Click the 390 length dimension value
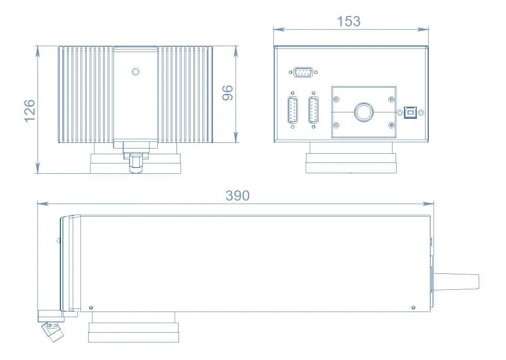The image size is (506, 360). tap(237, 196)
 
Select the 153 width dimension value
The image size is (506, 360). tap(349, 21)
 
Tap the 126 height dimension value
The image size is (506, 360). tap(29, 110)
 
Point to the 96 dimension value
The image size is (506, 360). tap(227, 93)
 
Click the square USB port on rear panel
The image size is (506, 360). tap(411, 112)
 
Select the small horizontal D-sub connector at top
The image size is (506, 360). tap(303, 72)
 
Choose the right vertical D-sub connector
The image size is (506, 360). tap(313, 110)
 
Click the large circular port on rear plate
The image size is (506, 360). tap(363, 112)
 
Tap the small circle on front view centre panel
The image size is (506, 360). tap(135, 72)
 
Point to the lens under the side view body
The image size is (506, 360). tap(134, 330)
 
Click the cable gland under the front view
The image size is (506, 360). tap(135, 162)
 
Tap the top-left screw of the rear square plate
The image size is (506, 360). tap(336, 98)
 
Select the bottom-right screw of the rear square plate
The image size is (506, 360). tap(390, 125)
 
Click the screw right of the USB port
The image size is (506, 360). tap(421, 112)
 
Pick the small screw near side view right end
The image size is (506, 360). tap(413, 308)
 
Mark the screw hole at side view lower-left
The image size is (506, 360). tap(91, 308)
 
